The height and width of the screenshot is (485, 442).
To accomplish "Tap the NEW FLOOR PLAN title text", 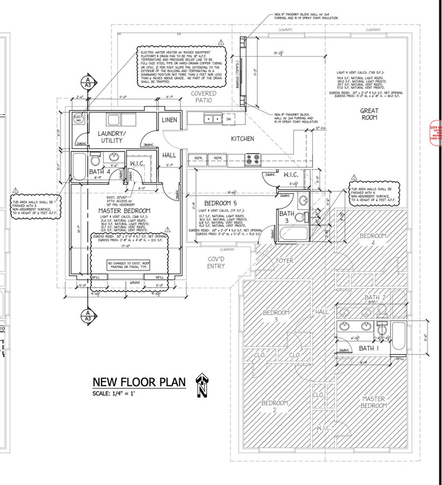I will pyautogui.click(x=139, y=382).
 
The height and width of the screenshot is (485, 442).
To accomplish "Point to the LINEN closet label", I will pyautogui.click(x=171, y=120).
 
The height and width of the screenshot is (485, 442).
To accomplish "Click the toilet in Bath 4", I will pyautogui.click(x=95, y=160).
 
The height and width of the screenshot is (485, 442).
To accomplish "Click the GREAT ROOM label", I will pyautogui.click(x=369, y=114).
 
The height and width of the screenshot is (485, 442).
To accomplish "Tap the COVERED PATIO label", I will pyautogui.click(x=202, y=96).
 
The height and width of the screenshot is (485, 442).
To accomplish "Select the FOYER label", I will pyautogui.click(x=284, y=261).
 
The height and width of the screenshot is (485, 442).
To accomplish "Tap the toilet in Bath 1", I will pyautogui.click(x=382, y=328).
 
